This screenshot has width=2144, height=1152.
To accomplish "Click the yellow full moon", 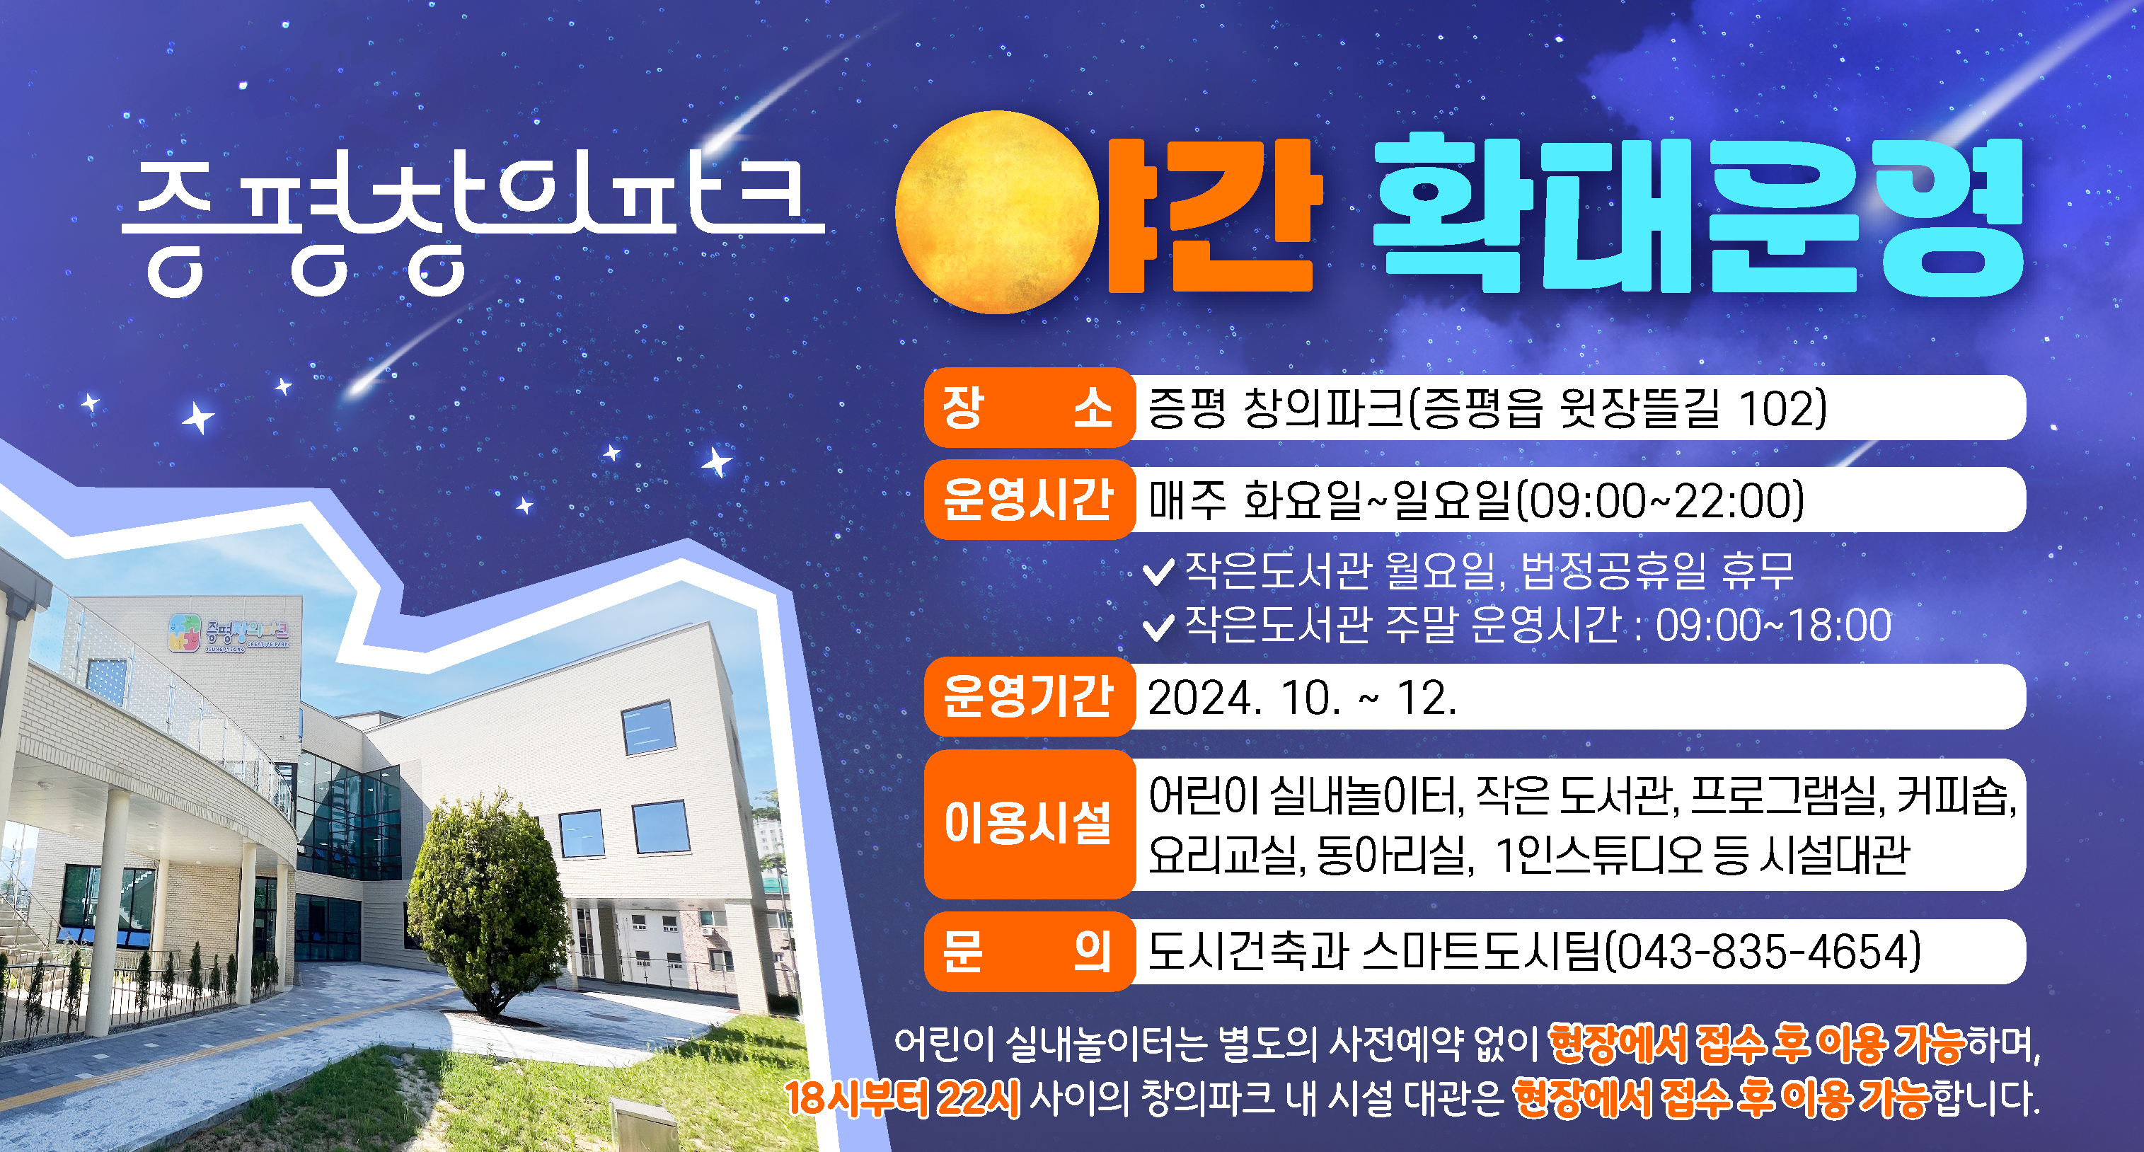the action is pyautogui.click(x=997, y=213).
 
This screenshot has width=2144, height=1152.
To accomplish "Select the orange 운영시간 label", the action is pyautogui.click(x=1029, y=500).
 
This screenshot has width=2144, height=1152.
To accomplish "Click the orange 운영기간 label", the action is pyautogui.click(x=1029, y=697).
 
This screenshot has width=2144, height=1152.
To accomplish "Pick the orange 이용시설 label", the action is pyautogui.click(x=1029, y=824).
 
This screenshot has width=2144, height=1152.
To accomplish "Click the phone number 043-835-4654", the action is pyautogui.click(x=1763, y=952).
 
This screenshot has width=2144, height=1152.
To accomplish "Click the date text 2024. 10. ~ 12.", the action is pyautogui.click(x=1303, y=698).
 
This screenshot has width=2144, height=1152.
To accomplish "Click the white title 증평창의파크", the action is pyautogui.click(x=473, y=225).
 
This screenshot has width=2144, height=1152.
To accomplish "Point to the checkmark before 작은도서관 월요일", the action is pyautogui.click(x=1158, y=572).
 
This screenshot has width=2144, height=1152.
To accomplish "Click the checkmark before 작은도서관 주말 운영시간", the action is pyautogui.click(x=1158, y=627).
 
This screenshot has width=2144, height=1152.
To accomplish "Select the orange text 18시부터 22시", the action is pyautogui.click(x=903, y=1098).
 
